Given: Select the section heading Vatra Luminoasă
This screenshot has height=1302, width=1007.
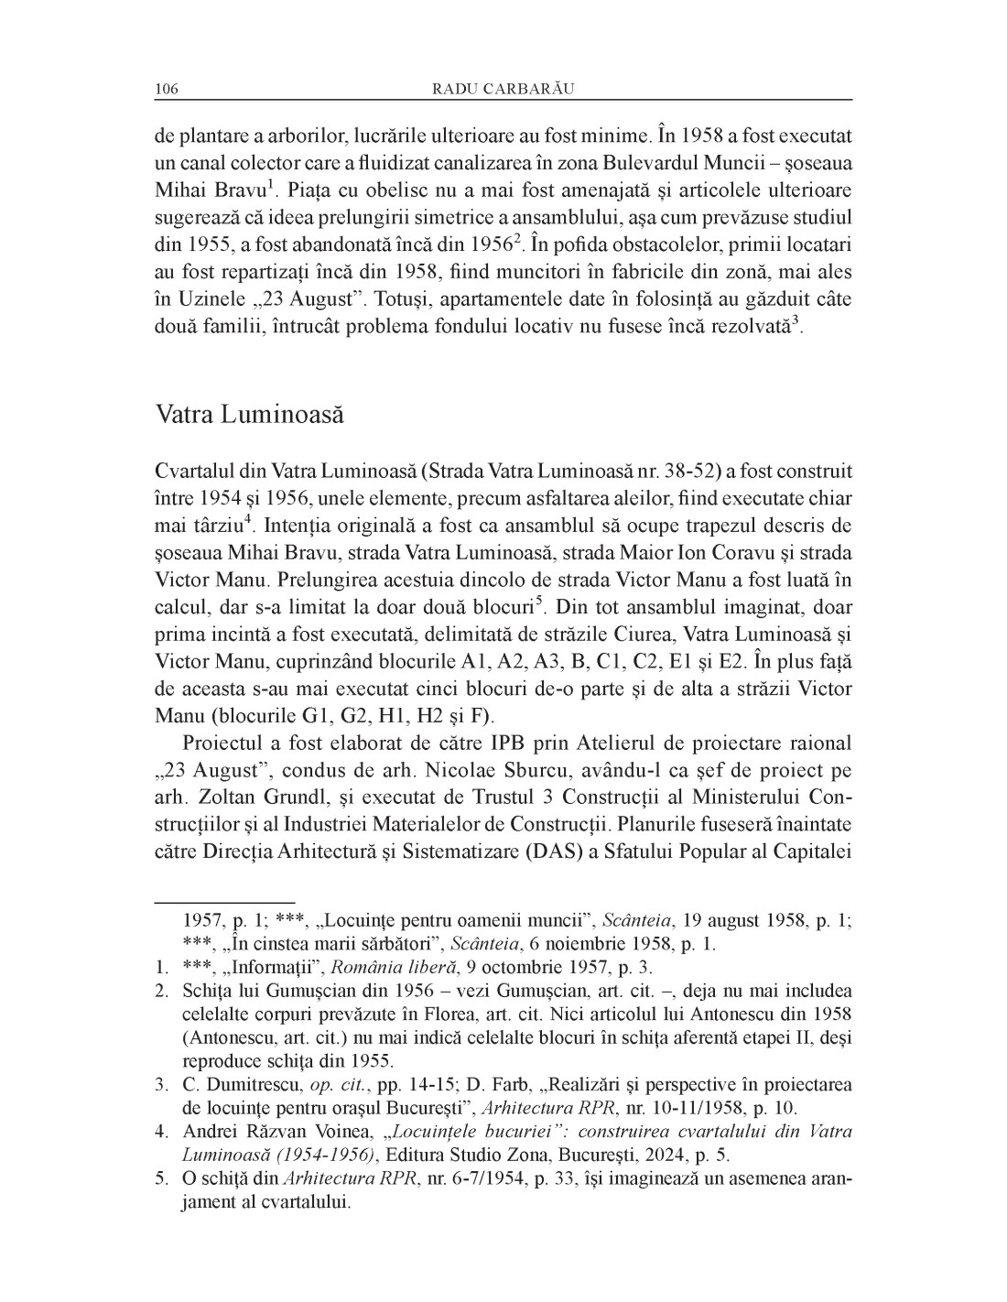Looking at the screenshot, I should pos(249,414).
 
